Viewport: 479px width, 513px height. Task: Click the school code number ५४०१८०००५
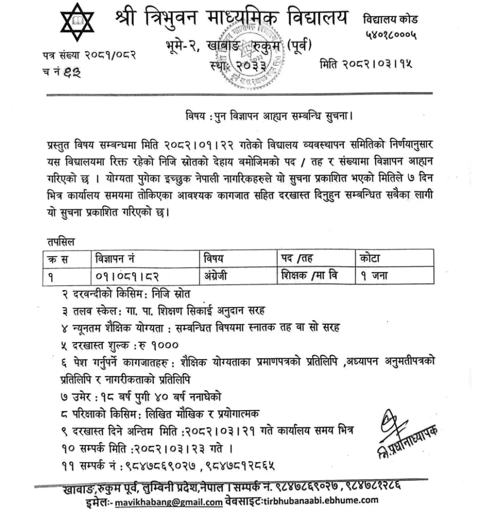390,36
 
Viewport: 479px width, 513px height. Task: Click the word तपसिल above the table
59,242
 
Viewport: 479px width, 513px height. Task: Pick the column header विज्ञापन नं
113,259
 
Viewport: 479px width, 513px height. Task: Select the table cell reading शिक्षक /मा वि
307,275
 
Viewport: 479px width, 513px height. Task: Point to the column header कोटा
369,259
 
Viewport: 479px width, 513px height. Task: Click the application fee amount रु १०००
160,345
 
